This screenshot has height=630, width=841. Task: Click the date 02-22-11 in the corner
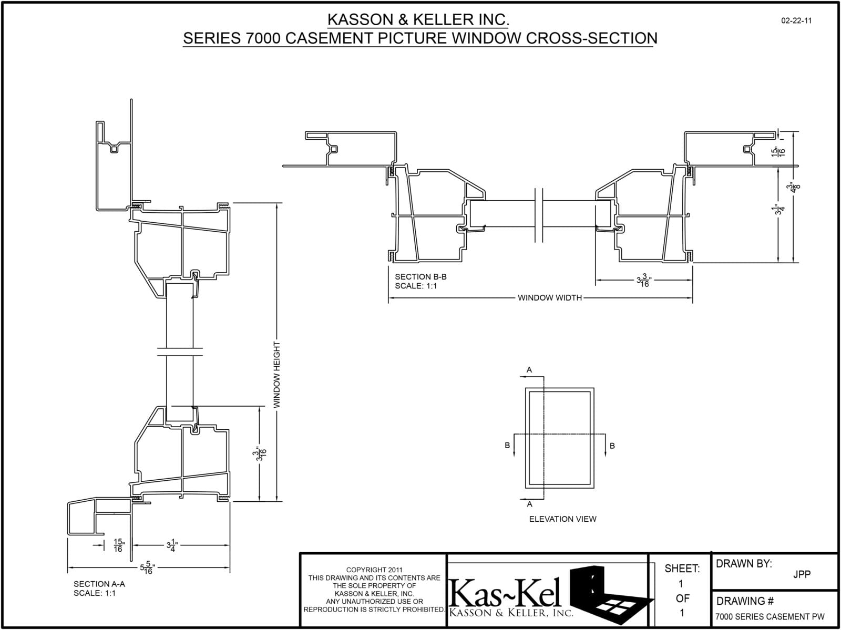tap(796, 21)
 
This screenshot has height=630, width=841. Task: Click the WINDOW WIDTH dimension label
tap(550, 298)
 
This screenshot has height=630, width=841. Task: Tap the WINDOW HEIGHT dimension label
tap(277, 375)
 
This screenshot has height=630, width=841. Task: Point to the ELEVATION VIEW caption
tap(562, 519)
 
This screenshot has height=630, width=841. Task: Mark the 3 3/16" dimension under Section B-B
tap(644, 281)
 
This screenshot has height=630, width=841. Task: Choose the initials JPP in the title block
tap(802, 574)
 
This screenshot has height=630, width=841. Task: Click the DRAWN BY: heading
tap(744, 564)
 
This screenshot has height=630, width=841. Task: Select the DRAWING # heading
tap(741, 601)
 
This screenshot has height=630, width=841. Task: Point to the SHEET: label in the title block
tap(682, 569)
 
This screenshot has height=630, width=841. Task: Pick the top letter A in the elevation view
tap(529, 370)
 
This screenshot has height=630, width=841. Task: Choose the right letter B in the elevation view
tap(612, 446)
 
